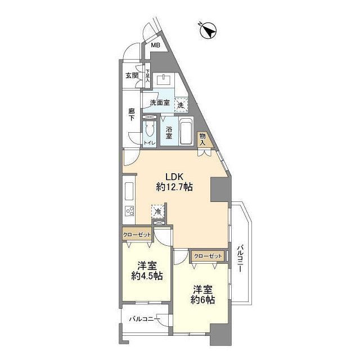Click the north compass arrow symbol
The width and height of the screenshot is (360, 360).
pos(209,30)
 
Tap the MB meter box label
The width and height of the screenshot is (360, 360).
pos(155,45)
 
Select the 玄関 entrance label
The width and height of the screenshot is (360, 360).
pos(132,75)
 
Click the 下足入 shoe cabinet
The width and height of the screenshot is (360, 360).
pos(147,75)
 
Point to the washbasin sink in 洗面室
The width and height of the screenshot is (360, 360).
pos(164,80)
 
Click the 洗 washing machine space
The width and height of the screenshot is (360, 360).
pos(181,105)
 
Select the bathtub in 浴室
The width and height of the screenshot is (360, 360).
pos(186,130)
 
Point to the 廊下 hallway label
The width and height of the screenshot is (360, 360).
pos(132,115)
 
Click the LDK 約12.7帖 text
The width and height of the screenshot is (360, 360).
pos(174,182)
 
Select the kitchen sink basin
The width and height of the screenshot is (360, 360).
pos(129,191)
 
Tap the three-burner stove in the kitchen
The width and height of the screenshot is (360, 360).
pos(129,211)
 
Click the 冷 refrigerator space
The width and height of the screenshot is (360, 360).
pos(158,211)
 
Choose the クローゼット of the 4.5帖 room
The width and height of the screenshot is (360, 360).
pos(137,234)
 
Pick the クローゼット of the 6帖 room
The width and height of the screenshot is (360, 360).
pos(208,256)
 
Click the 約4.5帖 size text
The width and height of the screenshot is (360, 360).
pos(147,276)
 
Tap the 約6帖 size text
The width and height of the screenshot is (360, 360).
pos(202,300)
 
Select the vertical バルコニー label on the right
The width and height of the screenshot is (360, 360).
pos(240,259)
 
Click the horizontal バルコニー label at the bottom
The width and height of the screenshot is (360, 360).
pos(144,319)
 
